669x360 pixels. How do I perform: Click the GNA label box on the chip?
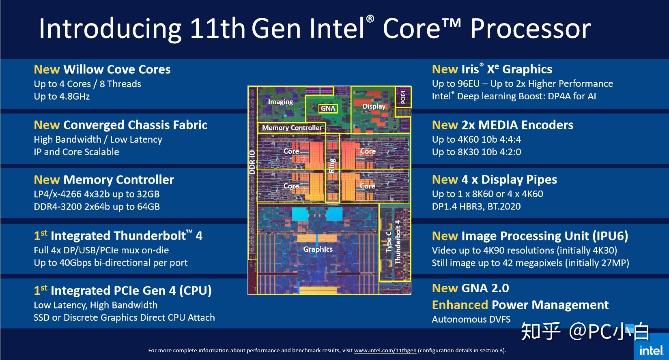(x=328, y=108)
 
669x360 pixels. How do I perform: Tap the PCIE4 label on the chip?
(x=403, y=97)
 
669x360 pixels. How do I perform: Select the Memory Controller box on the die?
(x=291, y=128)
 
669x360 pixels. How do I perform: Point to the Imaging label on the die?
(x=280, y=102)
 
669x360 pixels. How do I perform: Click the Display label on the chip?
(x=374, y=106)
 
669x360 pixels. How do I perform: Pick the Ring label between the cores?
(x=332, y=165)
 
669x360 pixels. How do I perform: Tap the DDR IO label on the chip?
(x=252, y=162)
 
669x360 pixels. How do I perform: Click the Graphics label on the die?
(x=318, y=249)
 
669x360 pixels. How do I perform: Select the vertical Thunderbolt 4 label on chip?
(x=398, y=242)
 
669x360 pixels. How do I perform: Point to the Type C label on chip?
(x=389, y=242)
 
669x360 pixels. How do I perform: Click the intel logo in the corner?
(x=652, y=350)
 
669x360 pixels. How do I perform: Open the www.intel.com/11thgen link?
(x=385, y=350)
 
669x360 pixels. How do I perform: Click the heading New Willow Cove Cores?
(x=102, y=69)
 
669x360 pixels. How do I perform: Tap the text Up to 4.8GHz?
(x=62, y=96)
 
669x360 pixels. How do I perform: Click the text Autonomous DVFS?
(x=471, y=319)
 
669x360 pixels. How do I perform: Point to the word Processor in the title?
(x=530, y=29)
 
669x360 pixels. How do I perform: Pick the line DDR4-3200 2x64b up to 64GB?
(x=97, y=207)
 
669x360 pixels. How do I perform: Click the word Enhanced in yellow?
(x=460, y=305)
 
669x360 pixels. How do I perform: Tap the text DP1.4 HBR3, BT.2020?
(x=476, y=206)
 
